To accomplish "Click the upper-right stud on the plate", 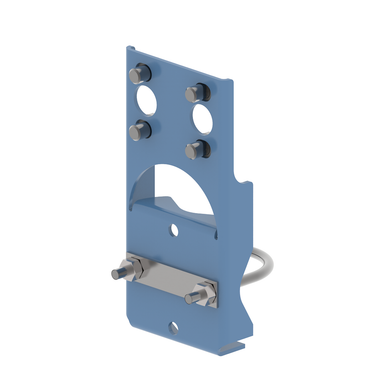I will click(194, 94).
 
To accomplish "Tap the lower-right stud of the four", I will click(196, 149).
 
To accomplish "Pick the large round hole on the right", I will click(207, 121).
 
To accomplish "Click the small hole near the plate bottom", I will click(178, 325).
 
